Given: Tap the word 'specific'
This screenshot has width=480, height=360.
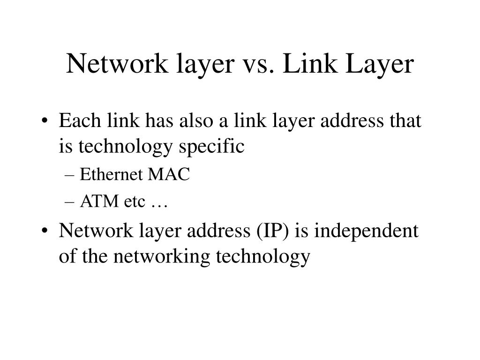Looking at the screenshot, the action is [217, 146].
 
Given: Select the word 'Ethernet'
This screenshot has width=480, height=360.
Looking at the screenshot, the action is [111, 175].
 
